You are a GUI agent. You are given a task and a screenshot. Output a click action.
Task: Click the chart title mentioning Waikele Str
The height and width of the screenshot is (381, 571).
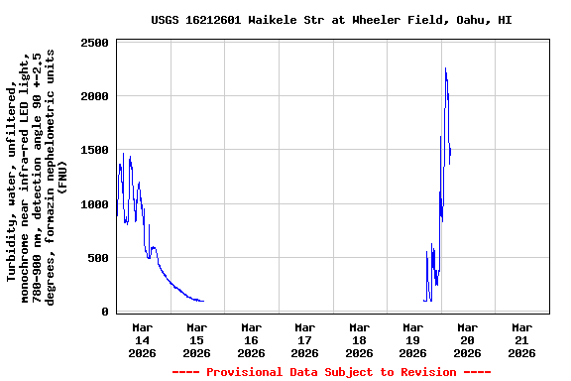332,20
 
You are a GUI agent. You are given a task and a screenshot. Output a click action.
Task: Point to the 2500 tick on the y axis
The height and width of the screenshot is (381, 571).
95,43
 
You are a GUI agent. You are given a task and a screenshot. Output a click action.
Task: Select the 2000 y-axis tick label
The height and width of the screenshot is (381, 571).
95,96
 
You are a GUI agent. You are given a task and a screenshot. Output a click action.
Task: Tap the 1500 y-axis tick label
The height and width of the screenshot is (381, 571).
95,150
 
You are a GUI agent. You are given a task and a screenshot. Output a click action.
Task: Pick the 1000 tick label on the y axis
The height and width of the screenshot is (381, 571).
95,204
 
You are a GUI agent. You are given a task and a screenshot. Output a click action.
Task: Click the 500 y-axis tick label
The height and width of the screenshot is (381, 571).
99,258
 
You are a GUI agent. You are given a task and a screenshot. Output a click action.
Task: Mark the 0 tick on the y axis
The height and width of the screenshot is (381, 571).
104,312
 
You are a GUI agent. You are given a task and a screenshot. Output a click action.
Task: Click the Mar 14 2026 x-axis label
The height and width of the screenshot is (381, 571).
143,339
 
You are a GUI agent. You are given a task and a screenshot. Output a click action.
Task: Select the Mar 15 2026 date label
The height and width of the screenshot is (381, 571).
197,339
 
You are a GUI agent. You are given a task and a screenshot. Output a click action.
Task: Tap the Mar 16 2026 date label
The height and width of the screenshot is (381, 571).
251,339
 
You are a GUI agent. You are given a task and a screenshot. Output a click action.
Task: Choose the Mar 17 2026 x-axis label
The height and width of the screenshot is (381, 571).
305,339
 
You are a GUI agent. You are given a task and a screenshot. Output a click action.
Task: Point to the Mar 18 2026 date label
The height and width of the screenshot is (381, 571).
359,339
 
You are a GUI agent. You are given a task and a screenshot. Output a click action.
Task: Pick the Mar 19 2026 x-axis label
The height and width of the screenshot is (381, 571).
413,339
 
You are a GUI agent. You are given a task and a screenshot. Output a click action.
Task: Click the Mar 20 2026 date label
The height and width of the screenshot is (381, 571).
467,339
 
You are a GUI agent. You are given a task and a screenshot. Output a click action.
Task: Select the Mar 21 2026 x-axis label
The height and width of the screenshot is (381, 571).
521,339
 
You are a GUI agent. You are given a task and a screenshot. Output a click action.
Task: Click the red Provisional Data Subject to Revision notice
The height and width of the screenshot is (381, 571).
332,372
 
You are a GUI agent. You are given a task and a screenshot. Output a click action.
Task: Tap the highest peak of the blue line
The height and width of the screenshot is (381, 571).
446,68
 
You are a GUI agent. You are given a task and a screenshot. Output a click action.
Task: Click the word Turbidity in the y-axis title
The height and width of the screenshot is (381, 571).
12,247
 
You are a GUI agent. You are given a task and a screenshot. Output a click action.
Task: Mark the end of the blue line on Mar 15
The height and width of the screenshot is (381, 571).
203,301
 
